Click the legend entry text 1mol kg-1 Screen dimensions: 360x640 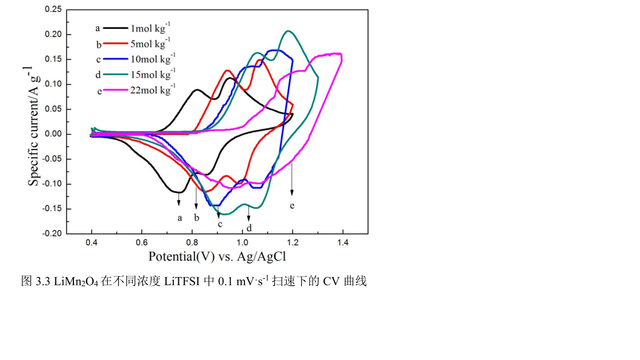pos(150,28)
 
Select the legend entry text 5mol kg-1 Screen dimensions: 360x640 pos(150,43)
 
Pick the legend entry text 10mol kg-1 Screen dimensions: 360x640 pos(152,58)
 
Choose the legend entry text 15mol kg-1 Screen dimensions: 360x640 pos(152,73)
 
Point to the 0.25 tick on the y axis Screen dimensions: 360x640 pos(53,9)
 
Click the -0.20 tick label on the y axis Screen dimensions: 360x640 pos(52,234)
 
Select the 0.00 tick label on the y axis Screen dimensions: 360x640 pos(53,134)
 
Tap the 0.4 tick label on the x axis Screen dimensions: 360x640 pos(92,243)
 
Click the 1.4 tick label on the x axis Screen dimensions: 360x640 pos(343,243)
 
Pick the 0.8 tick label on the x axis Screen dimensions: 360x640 pos(192,243)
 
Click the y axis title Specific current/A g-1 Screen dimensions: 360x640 pos(34,125)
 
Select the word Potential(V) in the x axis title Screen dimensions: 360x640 pos(177,257)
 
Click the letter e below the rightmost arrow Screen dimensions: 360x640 pos(292,206)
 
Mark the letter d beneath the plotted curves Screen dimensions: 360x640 pos(249,228)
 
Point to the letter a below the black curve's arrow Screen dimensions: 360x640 pos(179,218)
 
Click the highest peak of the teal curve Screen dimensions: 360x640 pos(288,31)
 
